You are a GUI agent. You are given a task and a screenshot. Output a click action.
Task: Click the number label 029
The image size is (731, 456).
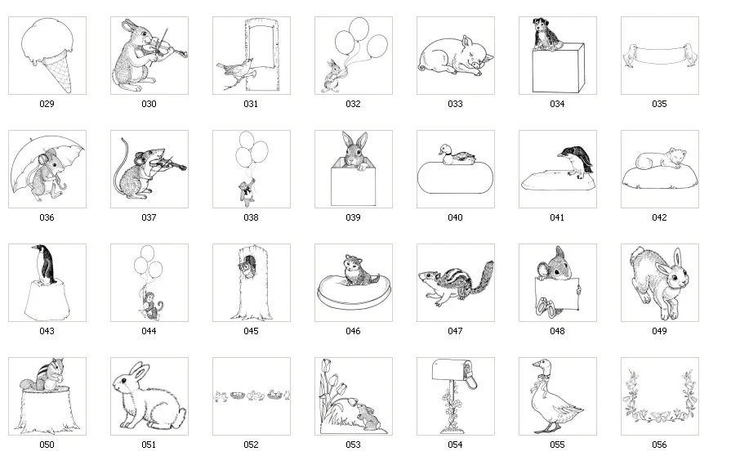point(47,104)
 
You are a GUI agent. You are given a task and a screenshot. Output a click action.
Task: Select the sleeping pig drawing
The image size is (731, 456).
point(454,57)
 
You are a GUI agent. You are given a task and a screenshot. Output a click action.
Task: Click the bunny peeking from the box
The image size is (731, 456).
point(354,152)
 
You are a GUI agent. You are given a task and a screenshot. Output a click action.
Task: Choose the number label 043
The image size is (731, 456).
point(47,331)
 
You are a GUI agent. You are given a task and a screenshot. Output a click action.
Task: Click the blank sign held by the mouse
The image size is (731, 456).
point(558,289)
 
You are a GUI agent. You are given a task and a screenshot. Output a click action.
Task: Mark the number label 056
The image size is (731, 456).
point(659,445)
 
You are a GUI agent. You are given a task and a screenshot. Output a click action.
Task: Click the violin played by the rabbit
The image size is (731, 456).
point(167,49)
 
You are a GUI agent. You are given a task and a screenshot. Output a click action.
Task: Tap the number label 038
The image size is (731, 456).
point(251,217)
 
